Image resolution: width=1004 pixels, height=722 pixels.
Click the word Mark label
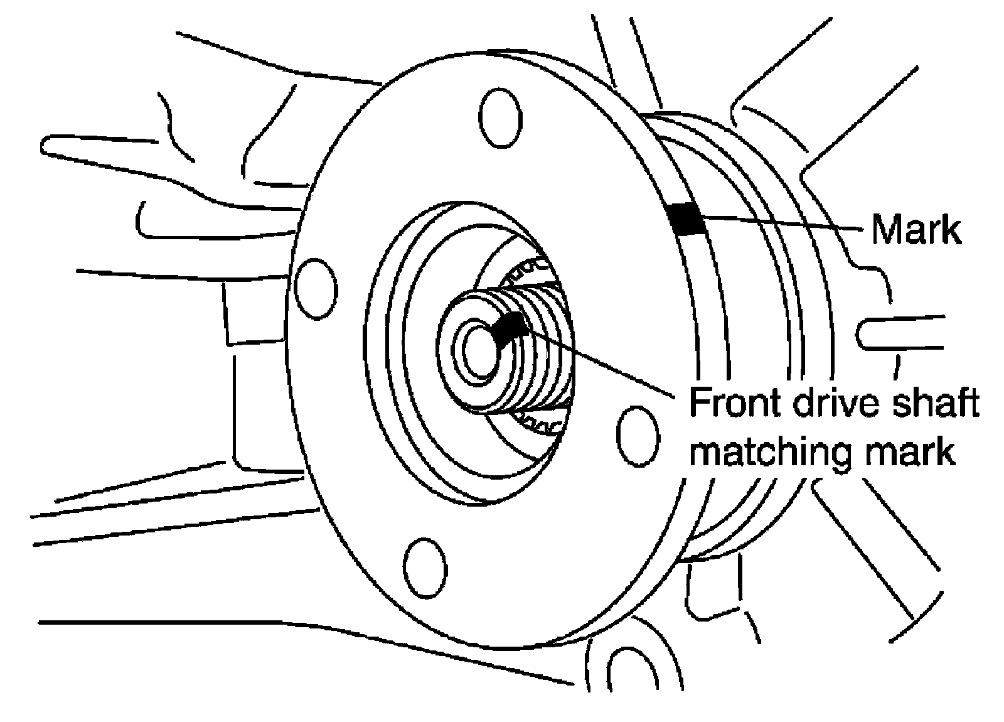[x=916, y=230]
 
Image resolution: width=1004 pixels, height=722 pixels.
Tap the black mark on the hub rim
[x=686, y=219]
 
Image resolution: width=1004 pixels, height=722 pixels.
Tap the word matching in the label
[x=770, y=453]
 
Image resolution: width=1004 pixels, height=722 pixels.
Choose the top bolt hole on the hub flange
[x=501, y=118]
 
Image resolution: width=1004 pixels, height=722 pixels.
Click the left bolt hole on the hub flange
[x=316, y=289]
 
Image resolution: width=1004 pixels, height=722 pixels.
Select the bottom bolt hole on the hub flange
[x=425, y=568]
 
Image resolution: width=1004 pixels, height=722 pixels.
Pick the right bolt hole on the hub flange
[x=638, y=436]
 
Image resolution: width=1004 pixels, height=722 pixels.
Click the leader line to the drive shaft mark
[x=601, y=362]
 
